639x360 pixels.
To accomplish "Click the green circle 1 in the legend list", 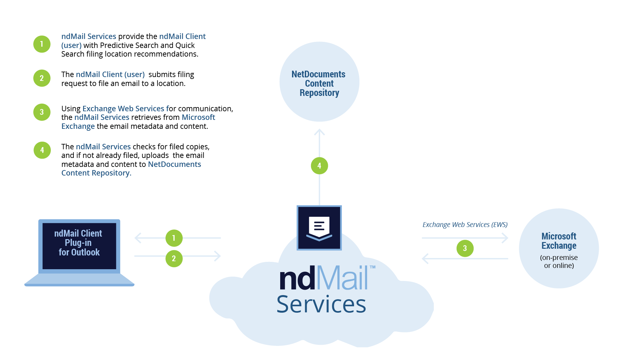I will coord(42,44).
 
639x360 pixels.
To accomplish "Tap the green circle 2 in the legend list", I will coord(42,78).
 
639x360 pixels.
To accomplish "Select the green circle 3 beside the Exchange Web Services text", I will coord(42,112).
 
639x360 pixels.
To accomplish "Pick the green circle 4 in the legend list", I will coord(42,150).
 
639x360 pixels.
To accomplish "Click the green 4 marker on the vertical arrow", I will coord(319,166).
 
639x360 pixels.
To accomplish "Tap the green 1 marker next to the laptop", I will coord(174,238).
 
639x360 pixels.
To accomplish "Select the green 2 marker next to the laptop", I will coord(174,258).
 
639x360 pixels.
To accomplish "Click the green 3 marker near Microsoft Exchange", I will coord(465,248).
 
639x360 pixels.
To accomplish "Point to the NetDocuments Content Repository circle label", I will coord(319,83).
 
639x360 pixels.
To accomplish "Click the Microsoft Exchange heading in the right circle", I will coord(559,241).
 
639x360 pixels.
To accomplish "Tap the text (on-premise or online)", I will coord(559,262).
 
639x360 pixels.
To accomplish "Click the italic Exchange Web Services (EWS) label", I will coord(465,225).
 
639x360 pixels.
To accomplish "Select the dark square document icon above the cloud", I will coord(319,228).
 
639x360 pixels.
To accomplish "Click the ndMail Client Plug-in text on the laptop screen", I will coord(79,243).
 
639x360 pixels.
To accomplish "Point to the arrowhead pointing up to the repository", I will coord(319,132).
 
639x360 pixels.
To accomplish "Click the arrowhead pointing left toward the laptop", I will coord(138,238).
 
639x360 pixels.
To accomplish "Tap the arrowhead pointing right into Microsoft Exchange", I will coord(505,238).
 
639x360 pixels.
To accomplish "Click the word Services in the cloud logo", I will coord(321,304).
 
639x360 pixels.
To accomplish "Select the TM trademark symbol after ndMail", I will coord(373,267).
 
